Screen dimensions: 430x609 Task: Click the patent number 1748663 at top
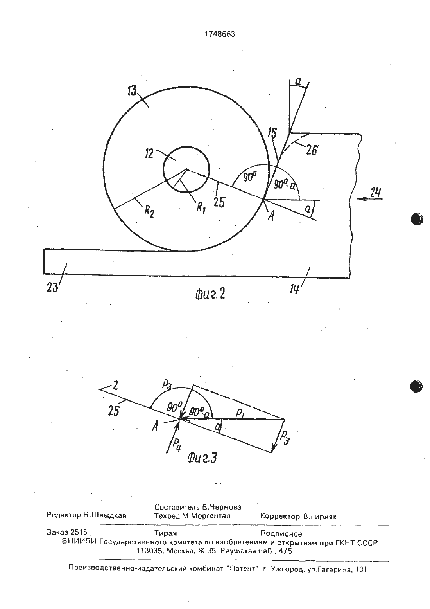pos(220,34)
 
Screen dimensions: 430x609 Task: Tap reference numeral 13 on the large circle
pos(132,91)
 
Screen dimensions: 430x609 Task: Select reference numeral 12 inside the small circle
pos(149,154)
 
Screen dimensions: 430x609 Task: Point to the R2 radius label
pos(149,211)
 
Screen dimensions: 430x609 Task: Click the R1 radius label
pos(201,208)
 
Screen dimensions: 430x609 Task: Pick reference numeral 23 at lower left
pos(52,287)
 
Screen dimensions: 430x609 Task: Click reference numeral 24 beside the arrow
pos(376,193)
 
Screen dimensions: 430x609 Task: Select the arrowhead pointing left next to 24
pos(360,199)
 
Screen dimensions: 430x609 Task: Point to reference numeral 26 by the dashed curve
pos(312,150)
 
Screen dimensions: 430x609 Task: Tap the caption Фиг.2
pos(210,294)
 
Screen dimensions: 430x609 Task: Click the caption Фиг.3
pos(202,458)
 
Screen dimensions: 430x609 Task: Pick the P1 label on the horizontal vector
pos(239,413)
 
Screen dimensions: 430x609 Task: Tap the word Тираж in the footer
pos(166,533)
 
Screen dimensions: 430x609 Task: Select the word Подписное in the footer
pos(281,534)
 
